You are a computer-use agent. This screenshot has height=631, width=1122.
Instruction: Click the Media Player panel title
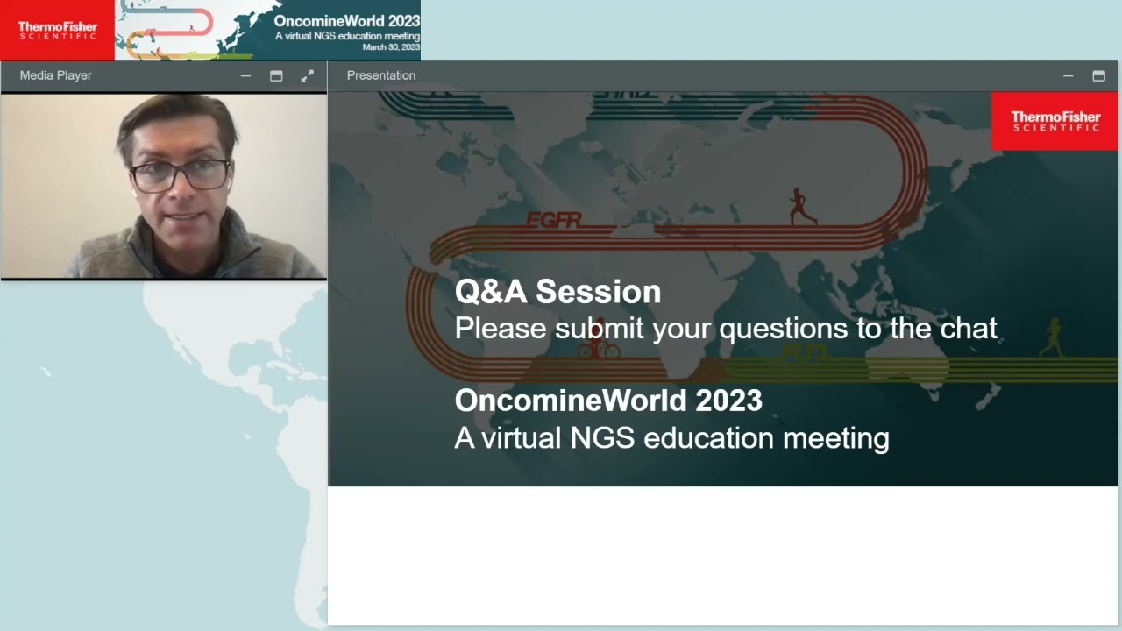56,75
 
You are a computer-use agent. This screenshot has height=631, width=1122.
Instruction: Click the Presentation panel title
381,75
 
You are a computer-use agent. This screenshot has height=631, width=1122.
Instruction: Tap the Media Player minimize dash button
245,76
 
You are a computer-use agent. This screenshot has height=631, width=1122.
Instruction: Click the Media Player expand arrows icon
307,76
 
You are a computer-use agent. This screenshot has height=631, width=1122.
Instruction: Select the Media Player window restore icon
276,76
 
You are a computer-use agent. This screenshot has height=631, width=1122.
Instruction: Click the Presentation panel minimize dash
1068,76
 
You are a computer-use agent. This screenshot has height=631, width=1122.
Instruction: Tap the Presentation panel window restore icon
1098,76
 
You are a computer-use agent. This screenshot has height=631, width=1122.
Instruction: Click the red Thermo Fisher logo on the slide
1055,121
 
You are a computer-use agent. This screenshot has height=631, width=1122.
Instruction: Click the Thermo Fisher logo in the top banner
57,31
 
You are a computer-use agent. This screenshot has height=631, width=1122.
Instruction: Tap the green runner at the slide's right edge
1051,337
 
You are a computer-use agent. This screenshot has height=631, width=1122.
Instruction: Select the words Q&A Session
557,292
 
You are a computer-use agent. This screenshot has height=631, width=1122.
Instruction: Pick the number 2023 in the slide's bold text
729,401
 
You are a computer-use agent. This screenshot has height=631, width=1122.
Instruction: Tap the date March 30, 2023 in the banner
391,47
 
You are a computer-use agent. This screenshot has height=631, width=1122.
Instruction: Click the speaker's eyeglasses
181,174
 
